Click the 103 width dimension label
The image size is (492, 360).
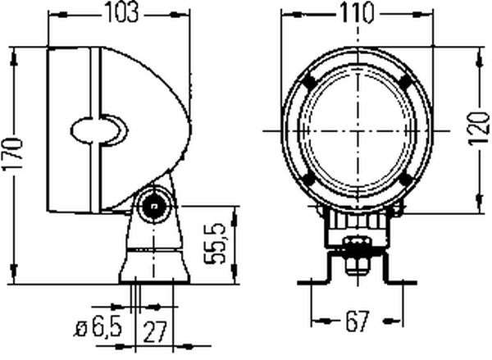[121, 13]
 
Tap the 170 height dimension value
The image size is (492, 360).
[12, 154]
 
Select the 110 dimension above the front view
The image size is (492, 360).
[358, 13]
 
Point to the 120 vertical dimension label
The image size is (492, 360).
[479, 129]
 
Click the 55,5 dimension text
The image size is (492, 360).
[215, 244]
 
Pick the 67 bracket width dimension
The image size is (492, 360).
[357, 321]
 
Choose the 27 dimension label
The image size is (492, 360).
[155, 332]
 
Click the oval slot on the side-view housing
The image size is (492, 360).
[99, 130]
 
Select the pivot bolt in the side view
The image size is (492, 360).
[153, 206]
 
